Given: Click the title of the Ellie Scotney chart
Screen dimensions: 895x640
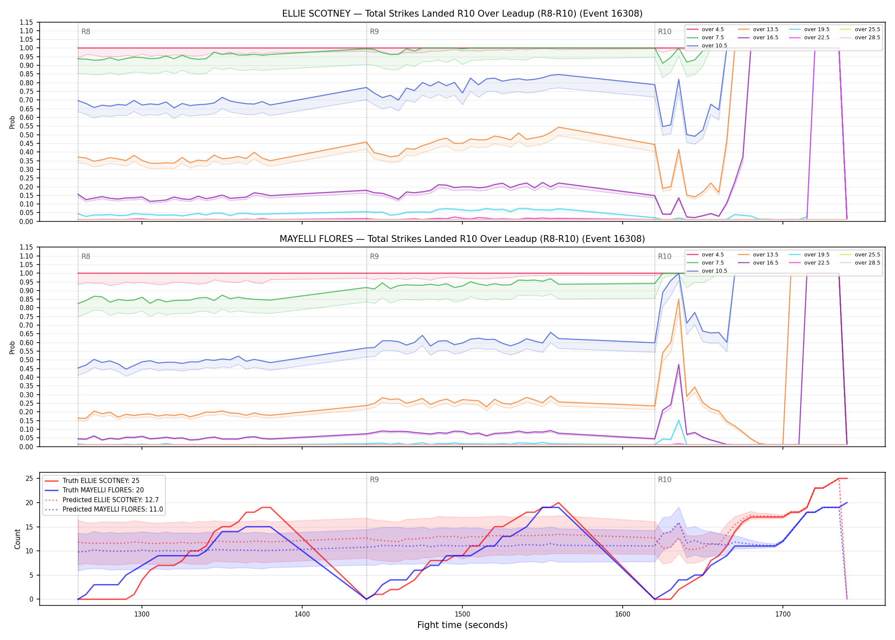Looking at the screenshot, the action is [x=462, y=14].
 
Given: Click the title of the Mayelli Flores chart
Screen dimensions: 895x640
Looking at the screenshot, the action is [x=462, y=239].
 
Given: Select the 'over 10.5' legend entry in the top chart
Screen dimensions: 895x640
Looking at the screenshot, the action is [x=707, y=46].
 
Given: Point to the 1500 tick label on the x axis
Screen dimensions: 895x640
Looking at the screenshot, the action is [x=462, y=614].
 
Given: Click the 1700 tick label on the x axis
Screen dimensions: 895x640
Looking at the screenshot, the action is [x=782, y=614].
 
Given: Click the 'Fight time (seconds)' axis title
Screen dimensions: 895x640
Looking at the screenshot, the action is [x=462, y=625].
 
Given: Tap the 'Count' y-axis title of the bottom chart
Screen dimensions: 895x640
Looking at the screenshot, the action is [x=17, y=539].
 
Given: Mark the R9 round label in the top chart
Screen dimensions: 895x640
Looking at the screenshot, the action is [x=374, y=32].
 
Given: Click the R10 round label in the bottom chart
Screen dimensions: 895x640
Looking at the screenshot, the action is [x=664, y=480].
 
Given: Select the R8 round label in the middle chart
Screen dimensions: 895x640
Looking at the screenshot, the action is [x=86, y=256].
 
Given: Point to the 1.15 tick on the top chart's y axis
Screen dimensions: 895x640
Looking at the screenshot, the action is [x=26, y=22].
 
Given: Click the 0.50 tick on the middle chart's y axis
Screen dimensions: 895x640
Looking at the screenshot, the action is [x=26, y=360].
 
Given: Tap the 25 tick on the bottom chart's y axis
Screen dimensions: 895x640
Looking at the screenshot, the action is [x=29, y=478].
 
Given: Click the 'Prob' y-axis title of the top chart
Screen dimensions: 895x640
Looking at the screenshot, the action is [x=12, y=122].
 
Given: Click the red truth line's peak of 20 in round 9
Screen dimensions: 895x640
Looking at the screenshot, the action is [x=558, y=503].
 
